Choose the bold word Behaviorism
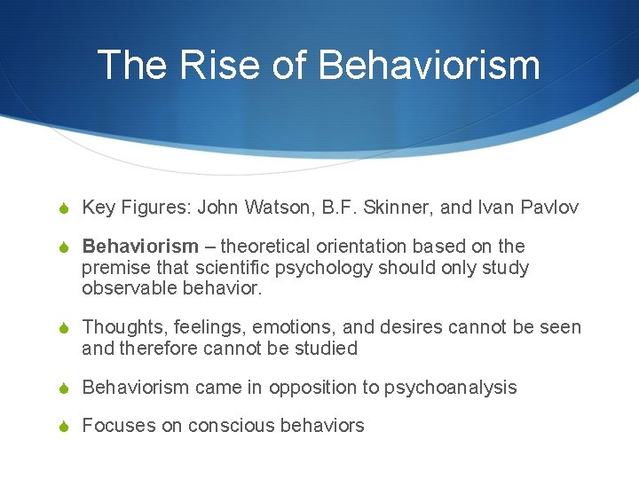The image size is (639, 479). pos(140,247)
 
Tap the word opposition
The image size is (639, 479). pos(312,388)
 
